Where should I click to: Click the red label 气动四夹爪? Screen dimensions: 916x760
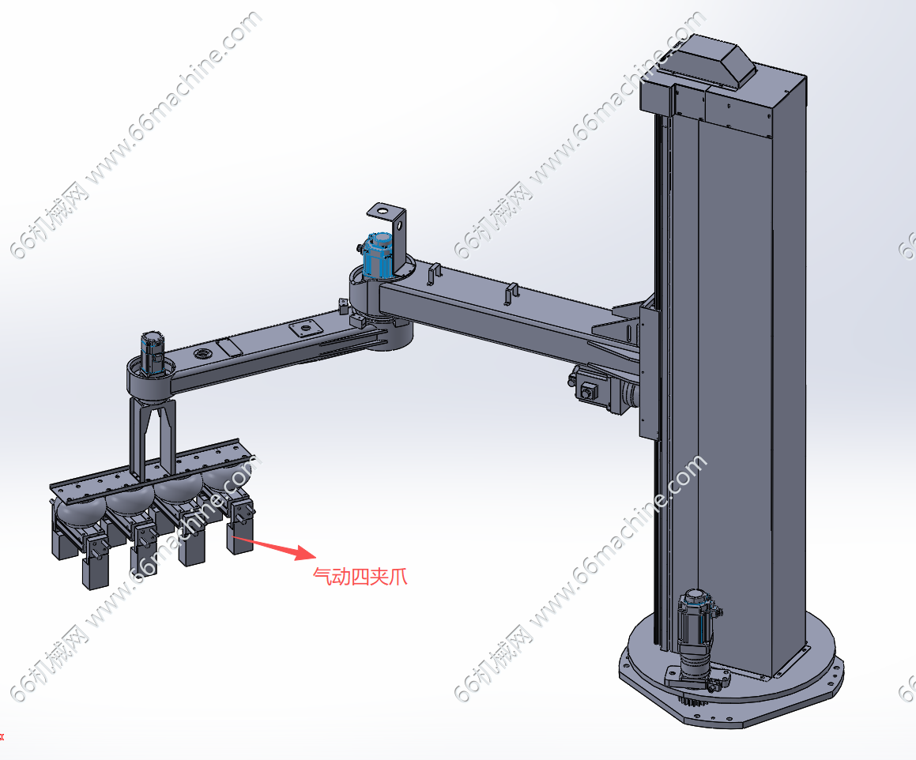tap(360, 577)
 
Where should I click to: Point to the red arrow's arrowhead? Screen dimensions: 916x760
tap(306, 553)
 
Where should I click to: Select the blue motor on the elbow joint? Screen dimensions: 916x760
tap(377, 254)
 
